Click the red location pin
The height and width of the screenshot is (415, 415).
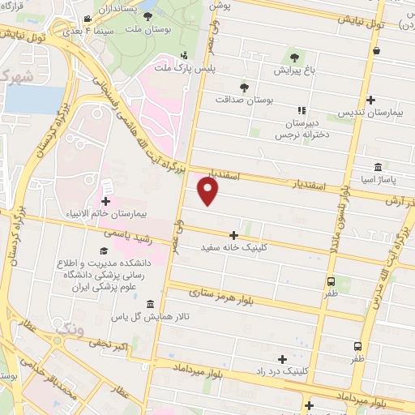click(x=208, y=191)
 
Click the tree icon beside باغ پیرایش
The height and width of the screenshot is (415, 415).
click(x=294, y=58)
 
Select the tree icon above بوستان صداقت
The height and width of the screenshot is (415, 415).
click(x=245, y=87)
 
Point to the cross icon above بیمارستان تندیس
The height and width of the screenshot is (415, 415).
click(x=370, y=100)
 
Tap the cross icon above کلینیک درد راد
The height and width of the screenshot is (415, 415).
click(x=282, y=358)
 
